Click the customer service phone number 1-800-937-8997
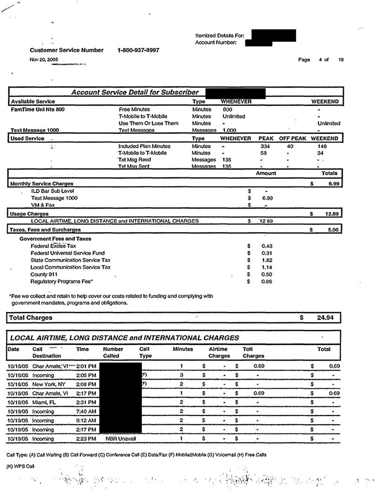139,50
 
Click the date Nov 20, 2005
41,59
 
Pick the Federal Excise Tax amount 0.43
267,246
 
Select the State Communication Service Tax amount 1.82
267,260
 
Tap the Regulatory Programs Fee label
61,282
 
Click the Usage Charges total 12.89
329,214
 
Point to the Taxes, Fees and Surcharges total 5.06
330,230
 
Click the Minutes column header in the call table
183,349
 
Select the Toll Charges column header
253,353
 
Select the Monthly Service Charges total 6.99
330,184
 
